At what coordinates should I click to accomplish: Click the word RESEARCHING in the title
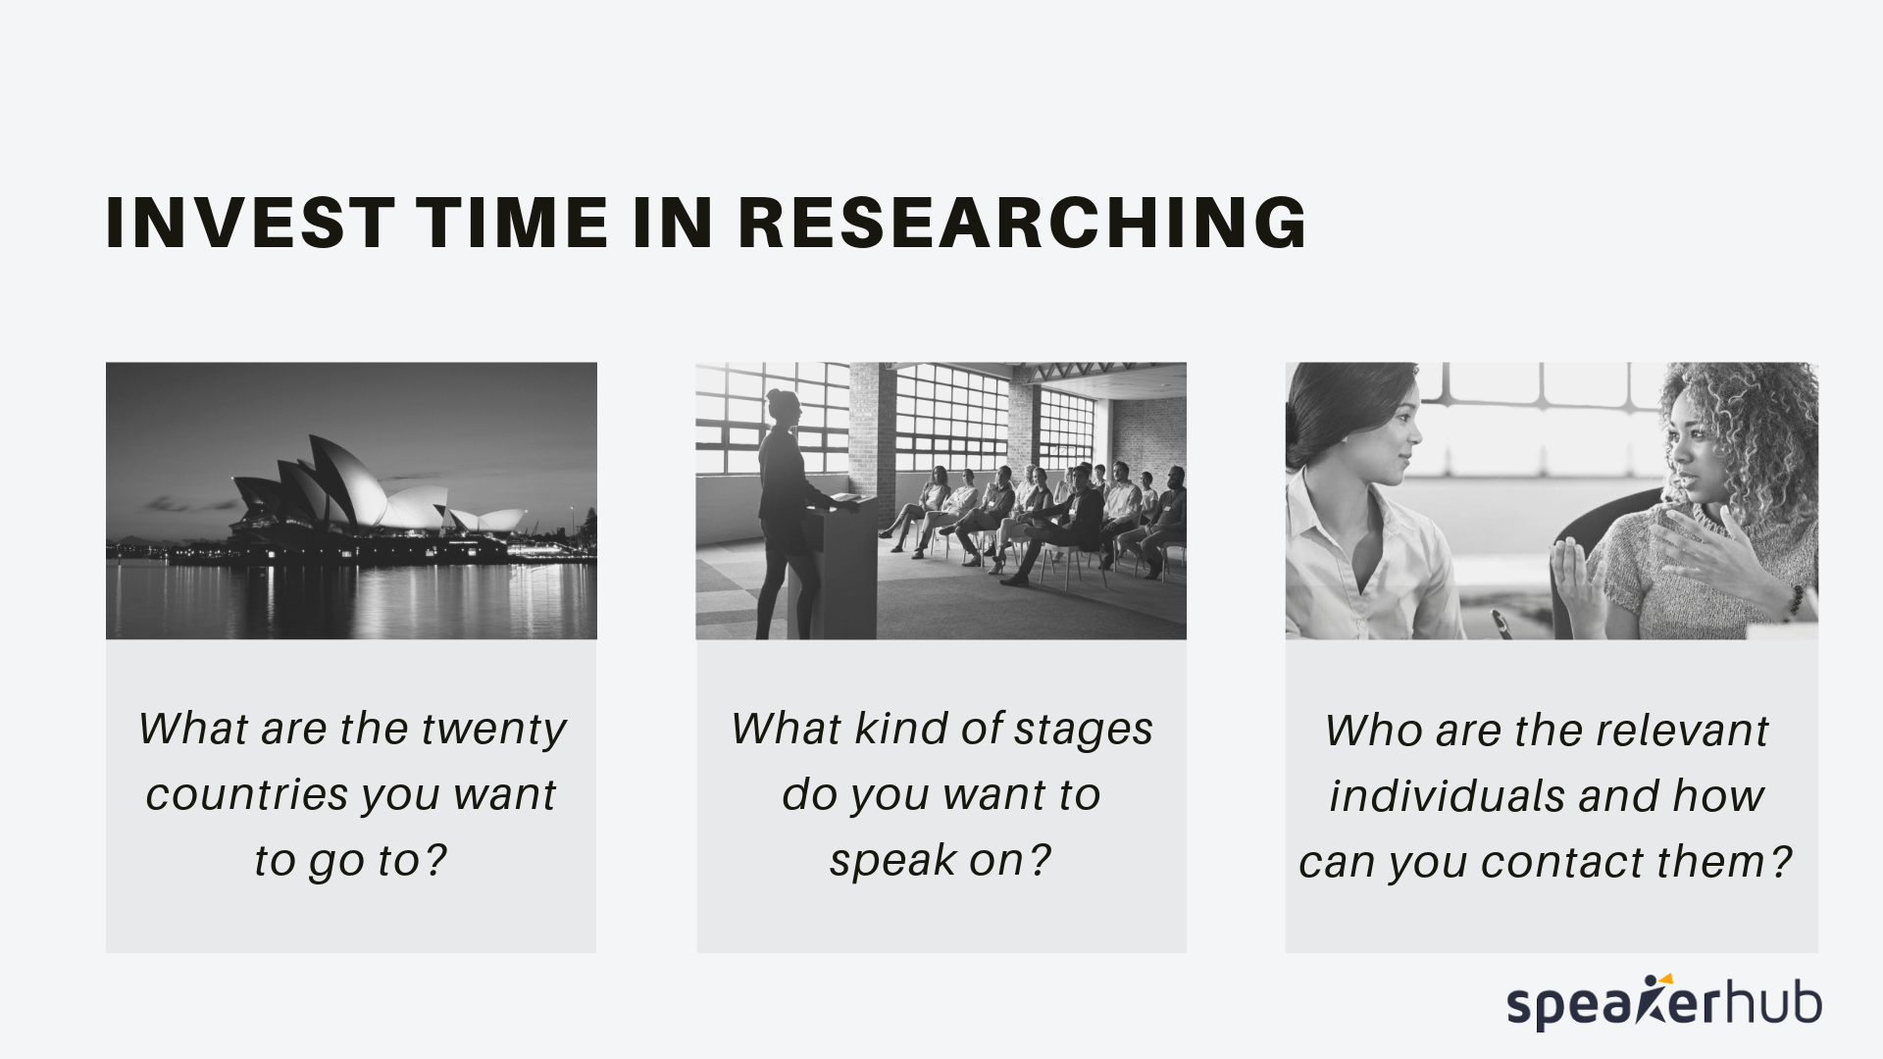point(1023,223)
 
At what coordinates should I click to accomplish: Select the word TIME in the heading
point(513,223)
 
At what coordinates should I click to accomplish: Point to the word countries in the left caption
point(233,794)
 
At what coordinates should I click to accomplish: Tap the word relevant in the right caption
point(1682,731)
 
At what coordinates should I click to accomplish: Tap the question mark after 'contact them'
point(1780,863)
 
